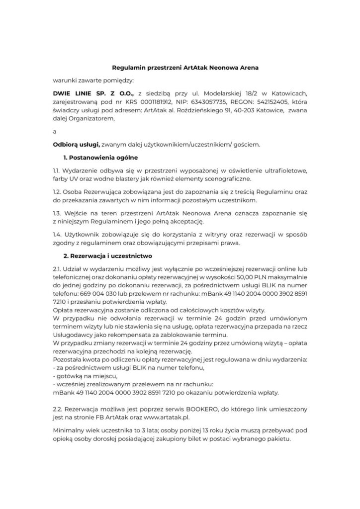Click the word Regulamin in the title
(126, 66)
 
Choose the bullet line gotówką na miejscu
(82, 376)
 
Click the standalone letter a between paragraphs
(55, 132)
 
